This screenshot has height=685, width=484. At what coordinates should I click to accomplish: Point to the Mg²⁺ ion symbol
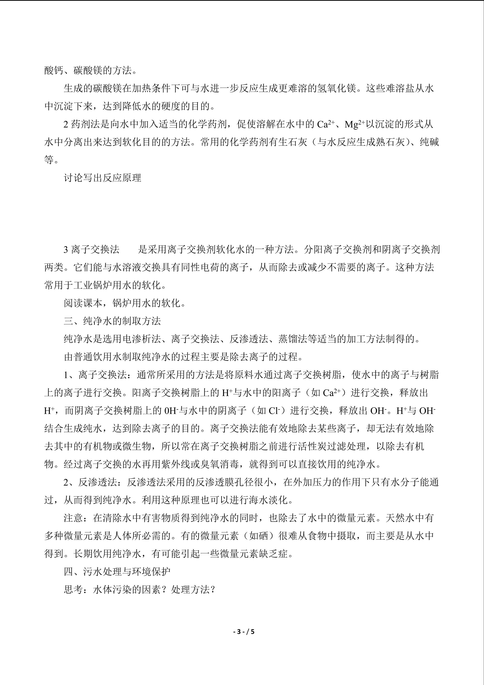tap(355, 125)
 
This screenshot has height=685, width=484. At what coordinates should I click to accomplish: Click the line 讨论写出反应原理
tap(102, 178)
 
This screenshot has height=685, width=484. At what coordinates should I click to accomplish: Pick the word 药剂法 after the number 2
tap(86, 125)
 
